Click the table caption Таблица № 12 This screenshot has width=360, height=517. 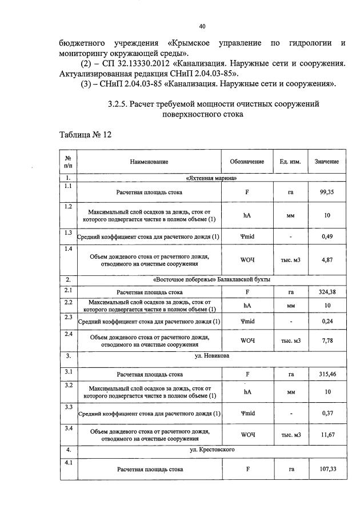(85, 134)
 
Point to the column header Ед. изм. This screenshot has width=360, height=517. (290, 162)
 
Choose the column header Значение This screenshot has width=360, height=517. (327, 162)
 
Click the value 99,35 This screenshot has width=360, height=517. (327, 193)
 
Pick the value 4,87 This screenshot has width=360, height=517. (327, 260)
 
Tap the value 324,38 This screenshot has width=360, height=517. (327, 292)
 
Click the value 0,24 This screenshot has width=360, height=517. (327, 321)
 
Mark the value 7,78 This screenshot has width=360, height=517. (327, 341)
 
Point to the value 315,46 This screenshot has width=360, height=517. (327, 375)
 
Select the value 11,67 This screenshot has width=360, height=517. (327, 435)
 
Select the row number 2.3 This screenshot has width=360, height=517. (68, 316)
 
